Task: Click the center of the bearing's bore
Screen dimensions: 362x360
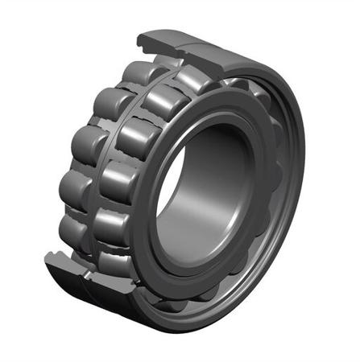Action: click(208, 193)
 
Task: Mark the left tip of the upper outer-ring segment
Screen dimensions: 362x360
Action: click(139, 38)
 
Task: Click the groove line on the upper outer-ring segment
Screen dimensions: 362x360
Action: click(179, 50)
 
